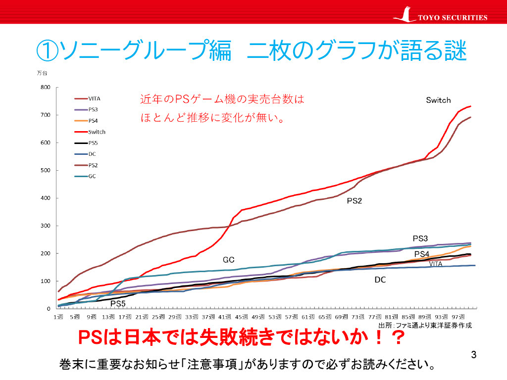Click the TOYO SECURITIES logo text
click(453, 18)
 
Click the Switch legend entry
click(97, 132)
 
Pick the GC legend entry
click(92, 176)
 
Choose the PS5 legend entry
click(93, 143)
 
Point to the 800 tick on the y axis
click(46, 88)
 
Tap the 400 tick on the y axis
click(46, 198)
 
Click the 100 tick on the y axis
click(46, 282)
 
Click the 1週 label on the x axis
click(59, 316)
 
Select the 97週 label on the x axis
click(458, 316)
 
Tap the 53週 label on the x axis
click(276, 316)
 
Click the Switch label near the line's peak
click(438, 100)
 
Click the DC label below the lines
click(380, 280)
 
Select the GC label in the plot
click(228, 260)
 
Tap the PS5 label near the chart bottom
click(118, 303)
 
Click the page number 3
click(474, 354)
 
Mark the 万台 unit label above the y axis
click(42, 73)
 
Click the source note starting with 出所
click(425, 325)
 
